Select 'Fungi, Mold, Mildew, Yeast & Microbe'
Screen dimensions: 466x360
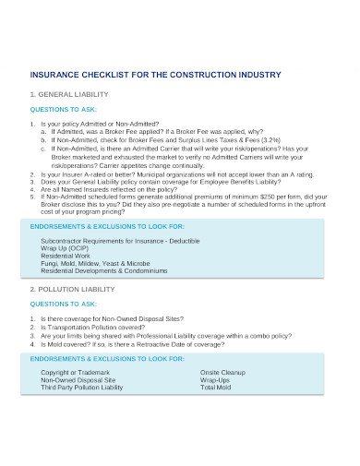pyautogui.click(x=94, y=264)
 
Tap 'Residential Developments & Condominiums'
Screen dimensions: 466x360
pyautogui.click(x=103, y=271)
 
